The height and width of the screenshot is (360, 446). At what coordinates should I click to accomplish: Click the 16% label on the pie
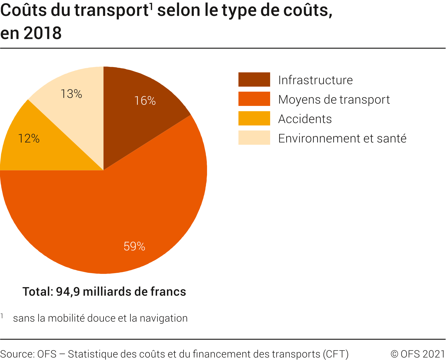click(145, 101)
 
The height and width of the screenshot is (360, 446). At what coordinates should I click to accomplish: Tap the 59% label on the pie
click(134, 246)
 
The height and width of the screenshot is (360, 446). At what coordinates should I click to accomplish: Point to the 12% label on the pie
click(29, 139)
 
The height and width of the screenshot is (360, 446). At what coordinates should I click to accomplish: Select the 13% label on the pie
click(71, 94)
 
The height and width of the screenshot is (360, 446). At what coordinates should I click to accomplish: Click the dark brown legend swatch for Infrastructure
click(254, 80)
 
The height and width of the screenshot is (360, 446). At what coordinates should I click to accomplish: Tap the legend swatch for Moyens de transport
click(254, 99)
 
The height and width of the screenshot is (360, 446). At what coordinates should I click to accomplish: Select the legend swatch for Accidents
click(254, 118)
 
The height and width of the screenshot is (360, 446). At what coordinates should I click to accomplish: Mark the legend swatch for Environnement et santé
click(254, 138)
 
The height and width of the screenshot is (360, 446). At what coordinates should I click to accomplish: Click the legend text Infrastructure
click(315, 80)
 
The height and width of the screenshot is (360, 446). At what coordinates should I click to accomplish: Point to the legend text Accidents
click(305, 119)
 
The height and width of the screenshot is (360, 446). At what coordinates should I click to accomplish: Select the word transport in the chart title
click(111, 11)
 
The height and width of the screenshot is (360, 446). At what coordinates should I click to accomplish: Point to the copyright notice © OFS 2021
click(417, 354)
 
